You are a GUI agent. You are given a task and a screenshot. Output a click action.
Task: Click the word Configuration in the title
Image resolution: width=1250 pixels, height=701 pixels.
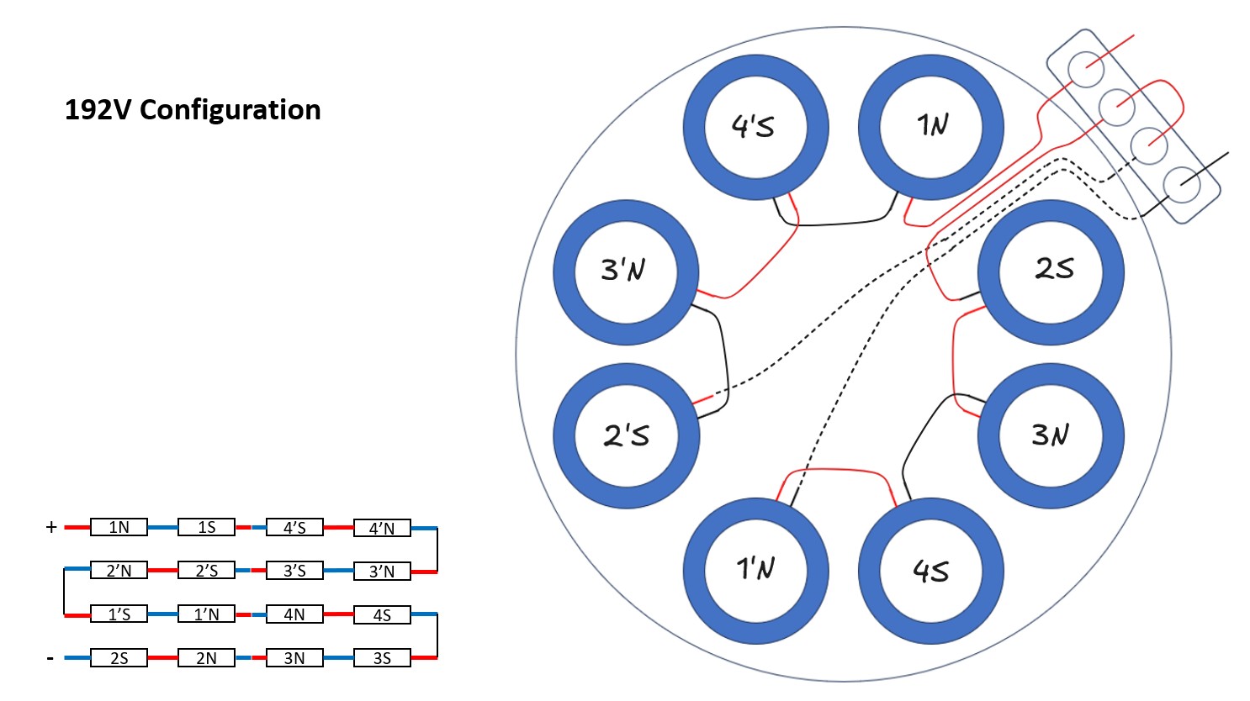(230, 110)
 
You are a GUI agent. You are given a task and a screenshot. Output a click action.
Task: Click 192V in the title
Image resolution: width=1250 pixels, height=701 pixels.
(98, 110)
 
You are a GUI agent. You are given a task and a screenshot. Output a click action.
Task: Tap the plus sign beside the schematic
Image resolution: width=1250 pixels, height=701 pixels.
(51, 527)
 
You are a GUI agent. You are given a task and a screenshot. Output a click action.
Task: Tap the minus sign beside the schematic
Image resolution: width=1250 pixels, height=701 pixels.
(50, 657)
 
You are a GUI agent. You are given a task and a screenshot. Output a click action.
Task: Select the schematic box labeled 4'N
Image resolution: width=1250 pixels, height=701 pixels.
(382, 528)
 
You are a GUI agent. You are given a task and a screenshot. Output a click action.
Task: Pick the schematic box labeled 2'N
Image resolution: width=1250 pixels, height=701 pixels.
(119, 571)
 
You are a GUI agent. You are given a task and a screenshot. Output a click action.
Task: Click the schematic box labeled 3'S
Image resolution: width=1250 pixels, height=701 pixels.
(294, 571)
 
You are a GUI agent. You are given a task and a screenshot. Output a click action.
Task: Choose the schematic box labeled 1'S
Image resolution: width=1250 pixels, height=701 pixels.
(119, 614)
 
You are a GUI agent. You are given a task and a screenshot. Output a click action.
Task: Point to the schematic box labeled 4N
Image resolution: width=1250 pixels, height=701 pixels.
(294, 614)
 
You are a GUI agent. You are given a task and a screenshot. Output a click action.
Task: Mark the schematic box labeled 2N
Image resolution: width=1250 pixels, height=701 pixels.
(206, 658)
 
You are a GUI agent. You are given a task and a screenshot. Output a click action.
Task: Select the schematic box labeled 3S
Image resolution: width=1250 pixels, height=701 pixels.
(382, 658)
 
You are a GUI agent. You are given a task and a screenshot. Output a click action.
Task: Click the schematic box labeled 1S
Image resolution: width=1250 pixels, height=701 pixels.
(206, 528)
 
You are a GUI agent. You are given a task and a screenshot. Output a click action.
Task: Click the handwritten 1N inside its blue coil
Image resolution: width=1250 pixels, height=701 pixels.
(932, 126)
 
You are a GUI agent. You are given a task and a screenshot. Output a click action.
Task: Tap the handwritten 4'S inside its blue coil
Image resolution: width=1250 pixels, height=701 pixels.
(753, 127)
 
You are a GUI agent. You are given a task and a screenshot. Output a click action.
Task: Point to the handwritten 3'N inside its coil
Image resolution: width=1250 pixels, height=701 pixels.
(623, 271)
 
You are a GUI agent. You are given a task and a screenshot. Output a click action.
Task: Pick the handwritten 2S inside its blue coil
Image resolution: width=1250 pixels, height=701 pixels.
(1054, 269)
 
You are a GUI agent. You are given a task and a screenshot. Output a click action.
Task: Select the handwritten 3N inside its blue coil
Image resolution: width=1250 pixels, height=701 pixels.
(1051, 435)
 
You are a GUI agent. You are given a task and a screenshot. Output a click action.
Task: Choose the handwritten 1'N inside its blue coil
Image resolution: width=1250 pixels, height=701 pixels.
(755, 569)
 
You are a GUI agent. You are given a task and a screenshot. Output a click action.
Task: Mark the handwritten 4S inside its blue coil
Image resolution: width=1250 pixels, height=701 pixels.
(930, 572)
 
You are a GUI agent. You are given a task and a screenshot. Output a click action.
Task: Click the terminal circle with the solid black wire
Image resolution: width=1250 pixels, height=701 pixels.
(1183, 182)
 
